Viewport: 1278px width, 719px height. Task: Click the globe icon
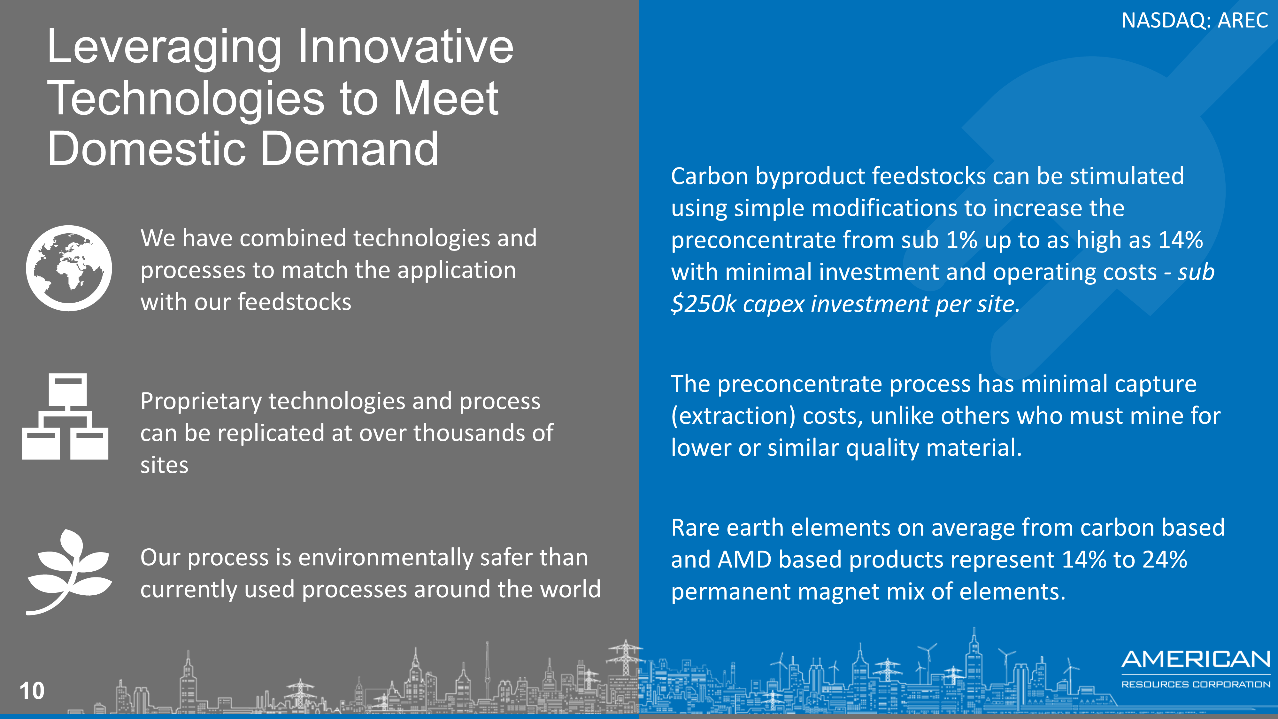(69, 268)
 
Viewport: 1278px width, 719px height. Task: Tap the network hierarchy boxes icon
(65, 416)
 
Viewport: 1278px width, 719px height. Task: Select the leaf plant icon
(69, 572)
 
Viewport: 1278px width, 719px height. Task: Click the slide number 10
(32, 691)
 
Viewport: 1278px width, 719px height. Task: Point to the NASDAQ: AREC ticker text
(1195, 20)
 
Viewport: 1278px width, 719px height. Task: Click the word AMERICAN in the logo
(1196, 660)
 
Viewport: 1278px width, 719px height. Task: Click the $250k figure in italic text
(704, 304)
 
